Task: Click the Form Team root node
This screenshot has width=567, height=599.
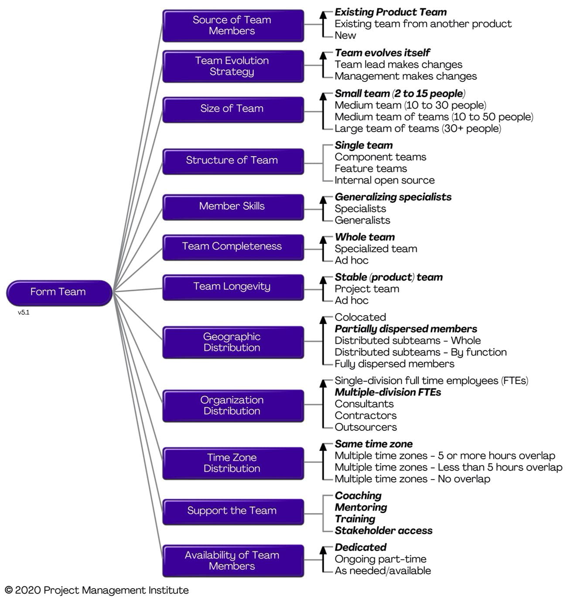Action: click(x=59, y=293)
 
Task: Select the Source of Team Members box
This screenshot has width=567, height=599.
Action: click(x=233, y=26)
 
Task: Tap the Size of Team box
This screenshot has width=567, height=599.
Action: click(x=233, y=110)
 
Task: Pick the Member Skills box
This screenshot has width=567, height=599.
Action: click(x=233, y=207)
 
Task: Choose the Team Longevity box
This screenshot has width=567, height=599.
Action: click(x=233, y=287)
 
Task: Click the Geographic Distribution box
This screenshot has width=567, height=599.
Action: click(x=233, y=342)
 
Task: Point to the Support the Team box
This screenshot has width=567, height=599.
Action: click(x=233, y=511)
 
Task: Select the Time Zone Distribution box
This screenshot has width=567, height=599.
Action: click(x=233, y=463)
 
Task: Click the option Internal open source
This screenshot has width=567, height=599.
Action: click(x=384, y=180)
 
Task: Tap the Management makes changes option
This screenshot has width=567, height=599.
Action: click(x=406, y=76)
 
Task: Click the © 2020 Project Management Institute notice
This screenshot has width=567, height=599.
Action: click(x=97, y=590)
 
